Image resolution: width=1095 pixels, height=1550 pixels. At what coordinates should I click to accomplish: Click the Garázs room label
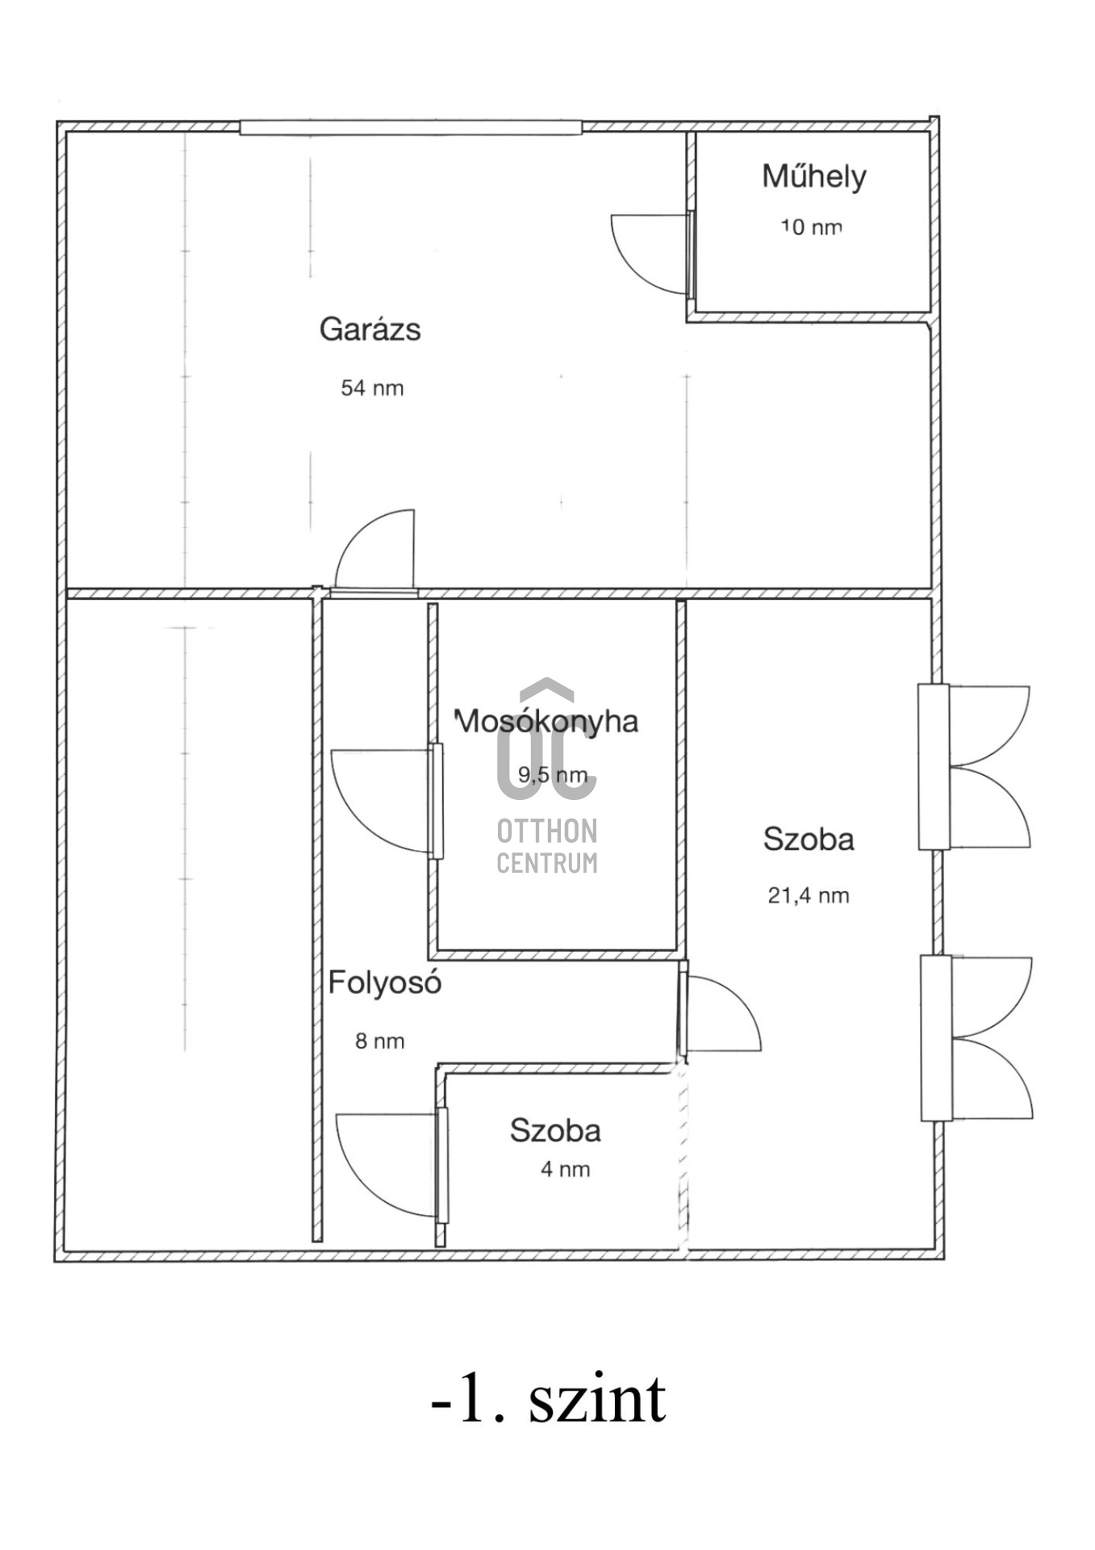point(370,330)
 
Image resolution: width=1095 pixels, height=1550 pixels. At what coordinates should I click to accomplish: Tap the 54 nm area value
point(372,388)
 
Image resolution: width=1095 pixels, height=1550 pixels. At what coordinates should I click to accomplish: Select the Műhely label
point(814,177)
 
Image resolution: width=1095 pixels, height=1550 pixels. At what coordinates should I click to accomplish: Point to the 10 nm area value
point(811,227)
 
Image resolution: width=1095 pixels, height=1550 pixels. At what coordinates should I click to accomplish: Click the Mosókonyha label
point(546,721)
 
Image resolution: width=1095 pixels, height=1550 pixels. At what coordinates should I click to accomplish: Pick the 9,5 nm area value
point(553,775)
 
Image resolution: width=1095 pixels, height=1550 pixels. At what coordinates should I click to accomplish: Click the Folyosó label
point(385,983)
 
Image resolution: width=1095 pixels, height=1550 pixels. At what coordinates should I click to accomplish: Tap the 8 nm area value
point(380,1041)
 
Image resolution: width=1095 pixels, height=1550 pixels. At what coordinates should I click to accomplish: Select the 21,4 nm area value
point(809,895)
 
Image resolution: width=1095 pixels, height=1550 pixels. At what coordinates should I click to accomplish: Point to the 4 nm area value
point(565,1169)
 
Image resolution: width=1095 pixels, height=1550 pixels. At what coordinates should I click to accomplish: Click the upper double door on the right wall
point(974,767)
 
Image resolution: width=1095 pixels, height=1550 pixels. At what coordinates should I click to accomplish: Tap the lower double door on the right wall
point(976,1038)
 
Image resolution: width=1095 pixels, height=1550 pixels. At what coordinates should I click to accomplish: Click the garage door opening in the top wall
point(411,128)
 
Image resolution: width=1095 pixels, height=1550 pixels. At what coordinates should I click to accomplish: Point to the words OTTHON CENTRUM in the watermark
point(547,846)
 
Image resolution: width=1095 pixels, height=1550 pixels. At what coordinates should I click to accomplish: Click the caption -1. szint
point(549,1399)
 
